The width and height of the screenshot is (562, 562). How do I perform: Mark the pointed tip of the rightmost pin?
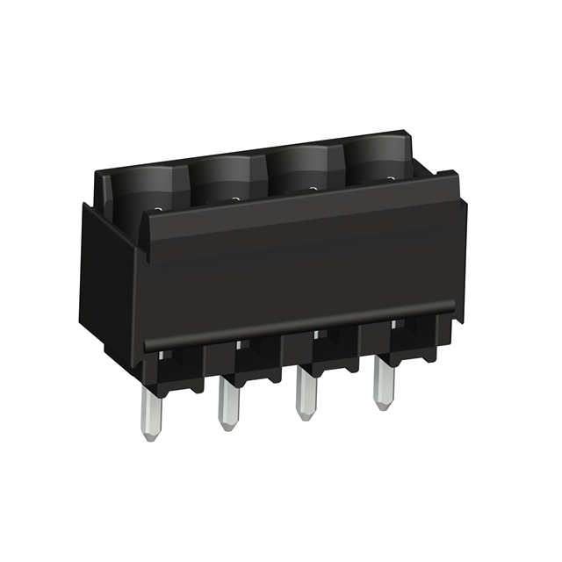(x=382, y=407)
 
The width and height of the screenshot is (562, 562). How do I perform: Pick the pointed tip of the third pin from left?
(x=306, y=417)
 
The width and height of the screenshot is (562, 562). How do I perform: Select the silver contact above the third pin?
(x=316, y=334)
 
